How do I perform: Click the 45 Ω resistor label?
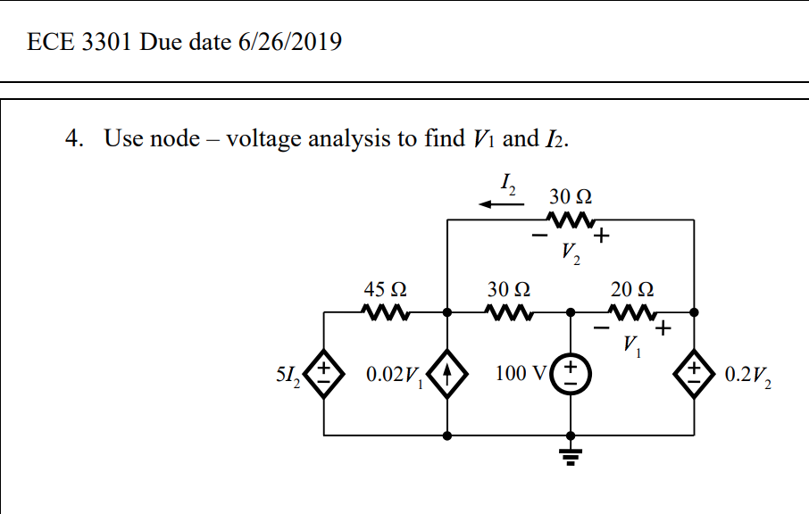386,289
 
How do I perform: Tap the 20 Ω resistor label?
632,289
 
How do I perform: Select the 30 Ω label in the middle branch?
509,289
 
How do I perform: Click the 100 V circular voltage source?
571,373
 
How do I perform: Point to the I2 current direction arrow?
501,204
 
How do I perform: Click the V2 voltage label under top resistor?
571,254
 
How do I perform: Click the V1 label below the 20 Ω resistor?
633,344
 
